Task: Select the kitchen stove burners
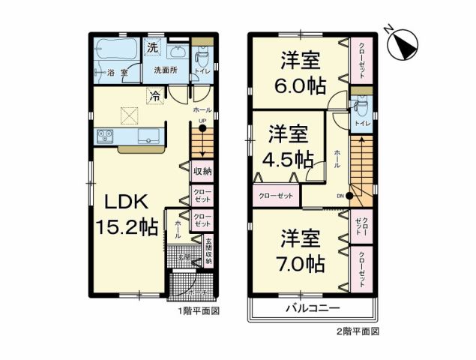pos(103,136)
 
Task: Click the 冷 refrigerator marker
pos(154,95)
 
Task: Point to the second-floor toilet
pos(358,105)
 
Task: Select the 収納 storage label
pos(202,171)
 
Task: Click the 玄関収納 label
pos(208,251)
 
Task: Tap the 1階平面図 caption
pos(198,310)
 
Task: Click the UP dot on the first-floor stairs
pos(202,127)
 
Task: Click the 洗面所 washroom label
pos(166,70)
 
